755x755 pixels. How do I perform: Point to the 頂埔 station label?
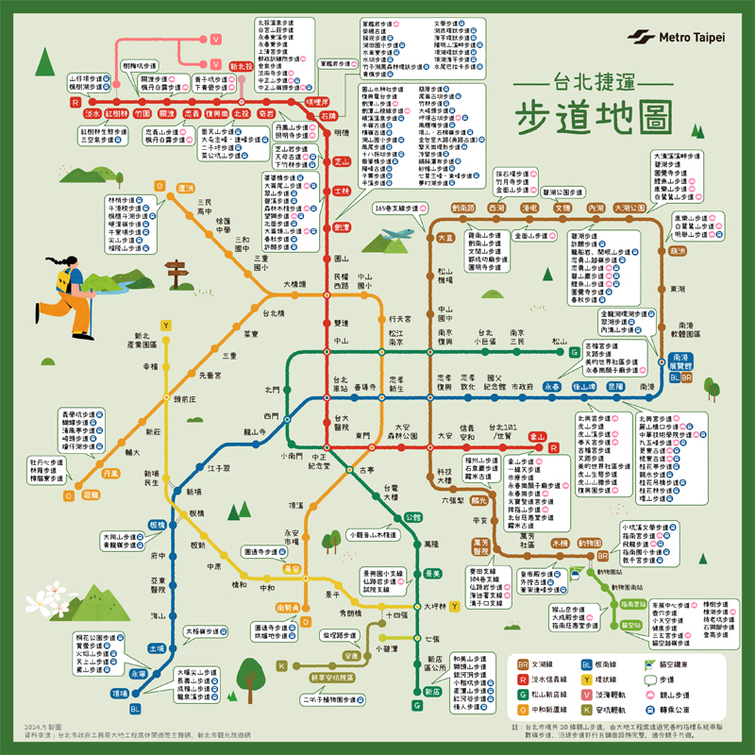tap(120, 693)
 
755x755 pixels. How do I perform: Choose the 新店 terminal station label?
tap(432, 691)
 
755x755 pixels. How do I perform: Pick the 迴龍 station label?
tap(90, 494)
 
